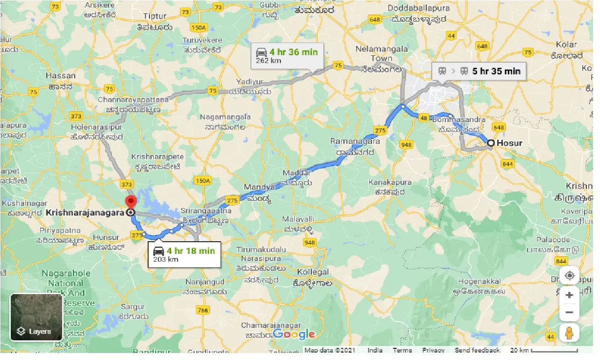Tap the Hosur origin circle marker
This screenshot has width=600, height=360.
pos(491,143)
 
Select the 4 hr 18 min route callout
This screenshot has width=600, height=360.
pos(184,255)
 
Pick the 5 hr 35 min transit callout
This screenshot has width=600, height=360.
pos(479,72)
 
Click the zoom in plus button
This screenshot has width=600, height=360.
pos(569,295)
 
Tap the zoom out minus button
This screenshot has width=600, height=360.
pos(569,312)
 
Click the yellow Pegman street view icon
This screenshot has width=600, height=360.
pos(569,333)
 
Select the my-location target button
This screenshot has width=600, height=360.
pos(569,275)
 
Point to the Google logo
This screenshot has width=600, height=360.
pos(294,334)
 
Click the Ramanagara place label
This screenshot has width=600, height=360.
pos(355,141)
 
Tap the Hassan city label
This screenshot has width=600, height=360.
pos(60,75)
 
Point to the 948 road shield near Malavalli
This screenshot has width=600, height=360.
pos(309,242)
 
